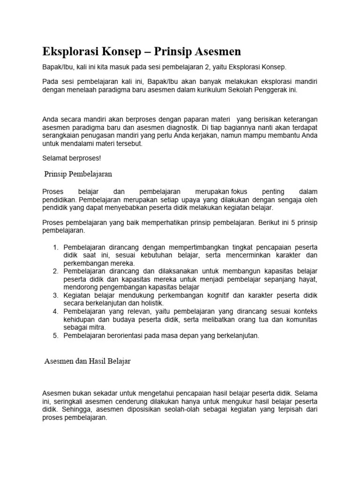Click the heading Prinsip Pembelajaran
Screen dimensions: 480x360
point(78,174)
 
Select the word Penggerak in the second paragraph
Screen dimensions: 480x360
point(269,89)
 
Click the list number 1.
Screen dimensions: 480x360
point(55,247)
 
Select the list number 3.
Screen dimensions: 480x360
point(55,295)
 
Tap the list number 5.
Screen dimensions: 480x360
point(55,336)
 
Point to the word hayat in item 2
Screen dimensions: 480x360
point(307,279)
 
